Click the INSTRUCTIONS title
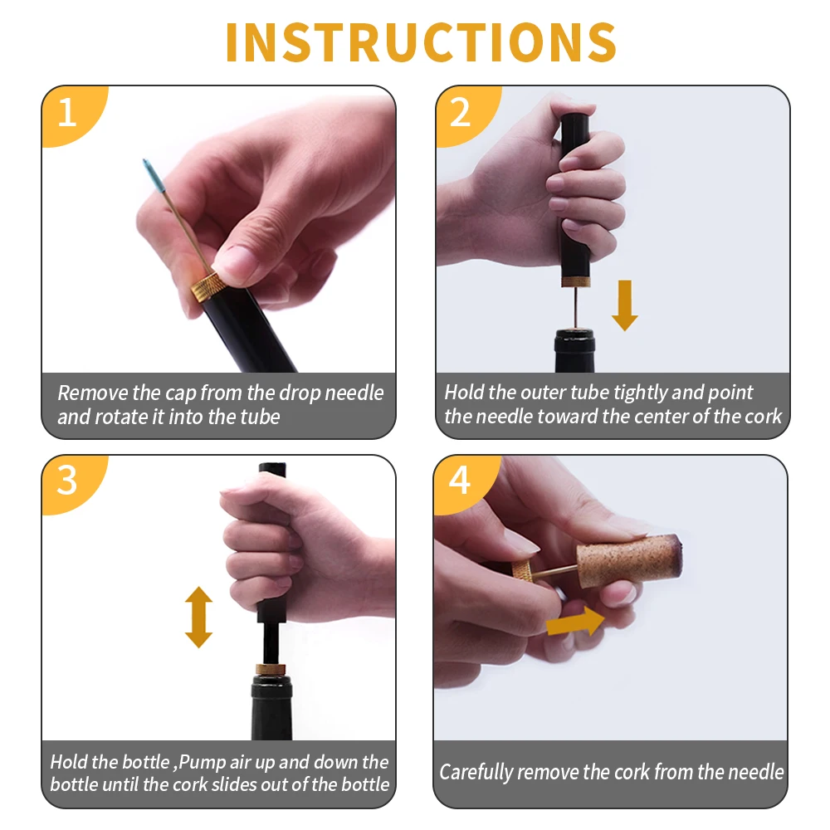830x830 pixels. pos(421,42)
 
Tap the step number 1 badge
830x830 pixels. pos(68,112)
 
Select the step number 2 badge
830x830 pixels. pos(461,112)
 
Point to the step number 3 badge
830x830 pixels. pos(68,481)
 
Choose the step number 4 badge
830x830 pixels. pos(461,481)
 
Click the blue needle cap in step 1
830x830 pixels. pos(154,175)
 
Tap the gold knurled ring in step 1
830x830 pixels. pos(205,287)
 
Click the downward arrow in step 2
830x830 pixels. pos(625,305)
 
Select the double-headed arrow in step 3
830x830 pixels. pos(198,617)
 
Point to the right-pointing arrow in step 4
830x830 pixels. pos(575,622)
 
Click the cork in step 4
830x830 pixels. pos(629,560)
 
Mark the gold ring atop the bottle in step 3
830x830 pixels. pos(271,670)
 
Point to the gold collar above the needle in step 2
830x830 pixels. pos(575,281)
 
